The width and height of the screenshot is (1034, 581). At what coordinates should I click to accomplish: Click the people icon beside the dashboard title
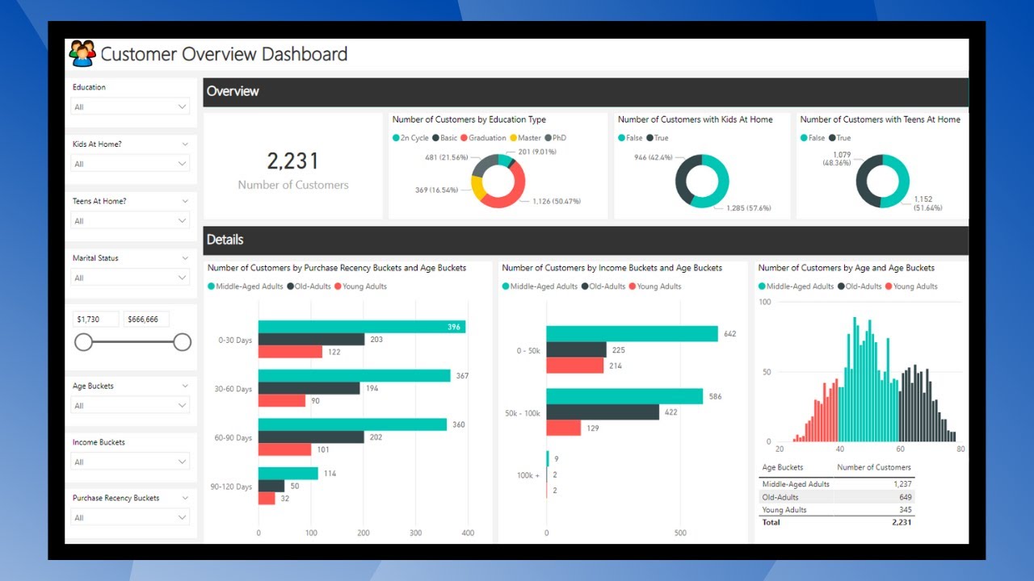pos(82,54)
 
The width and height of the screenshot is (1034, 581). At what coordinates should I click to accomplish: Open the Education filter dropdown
pos(130,107)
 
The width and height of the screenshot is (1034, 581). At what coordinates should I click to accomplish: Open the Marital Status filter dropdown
pos(130,278)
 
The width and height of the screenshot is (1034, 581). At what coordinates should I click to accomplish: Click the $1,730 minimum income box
pos(96,320)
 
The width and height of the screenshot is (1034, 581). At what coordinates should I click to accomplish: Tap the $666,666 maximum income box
pos(146,320)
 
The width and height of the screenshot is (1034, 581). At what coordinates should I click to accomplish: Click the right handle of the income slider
pos(183,342)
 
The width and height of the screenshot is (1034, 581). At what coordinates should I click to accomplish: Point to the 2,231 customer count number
pos(293,161)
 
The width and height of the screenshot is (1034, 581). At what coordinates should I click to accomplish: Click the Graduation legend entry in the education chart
pos(483,138)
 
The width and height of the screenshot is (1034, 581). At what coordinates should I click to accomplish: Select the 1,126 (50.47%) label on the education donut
pos(557,201)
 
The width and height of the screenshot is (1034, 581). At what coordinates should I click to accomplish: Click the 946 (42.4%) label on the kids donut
pos(654,157)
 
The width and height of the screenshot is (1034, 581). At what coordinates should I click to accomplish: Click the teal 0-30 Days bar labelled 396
pos(361,327)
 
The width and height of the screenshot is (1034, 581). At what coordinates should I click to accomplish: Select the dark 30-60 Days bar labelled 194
pos(309,388)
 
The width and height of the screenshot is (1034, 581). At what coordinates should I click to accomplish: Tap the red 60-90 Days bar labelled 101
pos(284,449)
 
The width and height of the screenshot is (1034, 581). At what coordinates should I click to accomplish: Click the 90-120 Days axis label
pos(230,487)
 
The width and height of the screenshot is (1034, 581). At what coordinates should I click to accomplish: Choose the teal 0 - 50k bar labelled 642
pos(632,334)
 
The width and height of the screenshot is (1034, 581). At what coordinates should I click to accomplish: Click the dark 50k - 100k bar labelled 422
pos(603,412)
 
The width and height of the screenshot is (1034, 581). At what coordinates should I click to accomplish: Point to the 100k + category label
pos(528,475)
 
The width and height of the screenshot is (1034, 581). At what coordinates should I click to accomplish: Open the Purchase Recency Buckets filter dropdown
pos(130,517)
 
